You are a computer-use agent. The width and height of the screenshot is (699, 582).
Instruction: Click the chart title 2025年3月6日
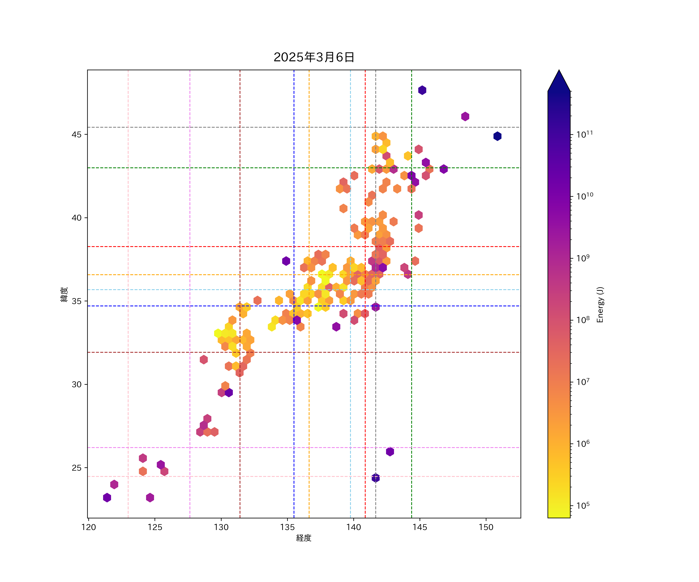click(314, 57)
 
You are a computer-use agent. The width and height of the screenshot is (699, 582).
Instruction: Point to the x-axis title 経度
click(303, 538)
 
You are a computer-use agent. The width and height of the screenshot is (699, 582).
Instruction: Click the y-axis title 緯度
click(64, 294)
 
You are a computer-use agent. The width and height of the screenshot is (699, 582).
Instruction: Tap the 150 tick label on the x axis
click(486, 527)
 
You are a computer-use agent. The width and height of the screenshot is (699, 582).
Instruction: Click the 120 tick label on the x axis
click(89, 527)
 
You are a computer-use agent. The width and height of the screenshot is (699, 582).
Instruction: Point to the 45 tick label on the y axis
click(77, 134)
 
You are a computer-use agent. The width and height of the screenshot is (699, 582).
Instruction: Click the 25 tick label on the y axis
click(77, 468)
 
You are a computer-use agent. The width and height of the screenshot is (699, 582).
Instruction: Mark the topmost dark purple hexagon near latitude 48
click(422, 90)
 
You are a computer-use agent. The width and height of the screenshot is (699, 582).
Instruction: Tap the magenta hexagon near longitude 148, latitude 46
click(465, 116)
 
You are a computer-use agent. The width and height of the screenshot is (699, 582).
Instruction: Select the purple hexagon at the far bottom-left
click(107, 498)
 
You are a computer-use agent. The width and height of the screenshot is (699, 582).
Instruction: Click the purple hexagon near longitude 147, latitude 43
click(443, 169)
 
